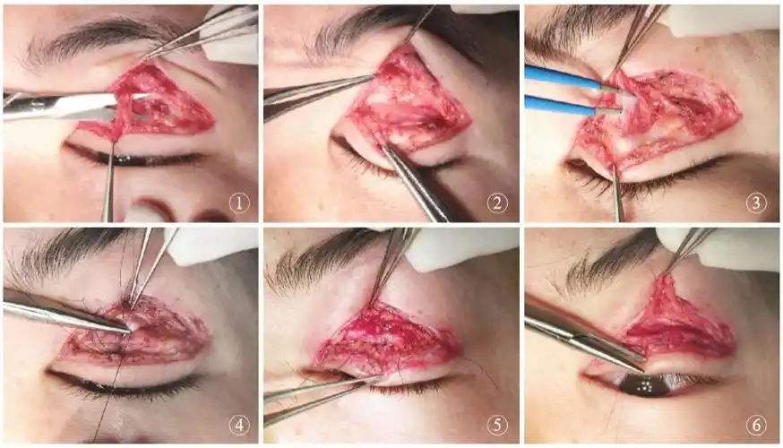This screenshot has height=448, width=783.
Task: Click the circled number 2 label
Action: click(x=497, y=203)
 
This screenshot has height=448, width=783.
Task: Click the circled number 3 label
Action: click(x=755, y=203)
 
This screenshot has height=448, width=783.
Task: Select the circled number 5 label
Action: click(x=497, y=425)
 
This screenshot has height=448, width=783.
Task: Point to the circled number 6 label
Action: click(x=755, y=425)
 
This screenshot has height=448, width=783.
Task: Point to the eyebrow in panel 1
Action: click(x=105, y=38)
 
